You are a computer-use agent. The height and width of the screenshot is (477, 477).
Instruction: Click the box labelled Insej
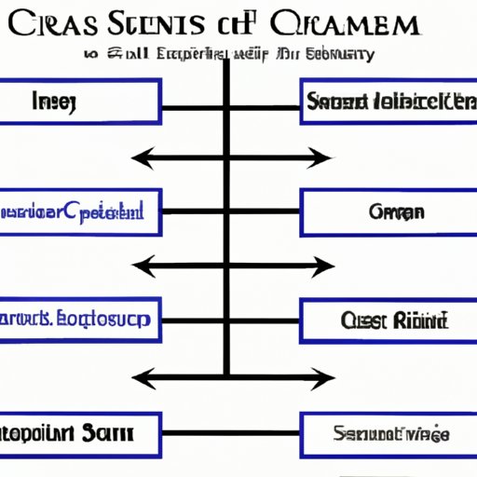80,102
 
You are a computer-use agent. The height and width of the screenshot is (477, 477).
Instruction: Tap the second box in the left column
80,212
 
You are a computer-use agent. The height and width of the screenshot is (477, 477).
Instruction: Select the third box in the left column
80,321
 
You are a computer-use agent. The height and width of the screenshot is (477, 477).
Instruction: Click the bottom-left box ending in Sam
80,433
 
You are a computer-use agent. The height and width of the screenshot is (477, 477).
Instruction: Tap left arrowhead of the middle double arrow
138,268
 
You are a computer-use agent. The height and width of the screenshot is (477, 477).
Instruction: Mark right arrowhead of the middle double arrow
326,268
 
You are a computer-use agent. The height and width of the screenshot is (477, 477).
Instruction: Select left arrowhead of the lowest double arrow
138,378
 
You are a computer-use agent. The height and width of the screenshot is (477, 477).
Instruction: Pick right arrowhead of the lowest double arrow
326,378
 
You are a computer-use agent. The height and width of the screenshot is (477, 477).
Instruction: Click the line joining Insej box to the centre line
191,102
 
